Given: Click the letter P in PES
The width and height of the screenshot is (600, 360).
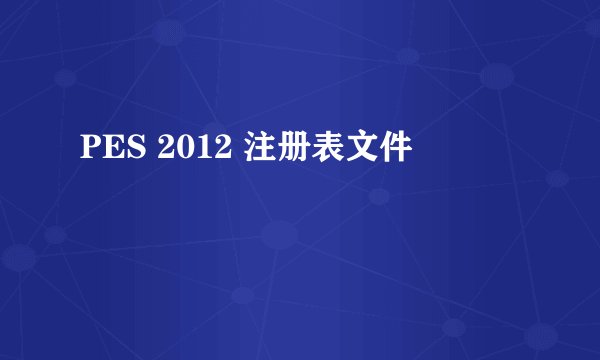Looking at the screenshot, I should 89,151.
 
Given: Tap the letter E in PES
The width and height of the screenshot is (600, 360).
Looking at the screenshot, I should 107,151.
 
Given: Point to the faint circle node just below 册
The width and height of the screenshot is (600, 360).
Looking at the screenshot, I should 281,236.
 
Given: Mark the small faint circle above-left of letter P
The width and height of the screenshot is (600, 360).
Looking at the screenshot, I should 68,77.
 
